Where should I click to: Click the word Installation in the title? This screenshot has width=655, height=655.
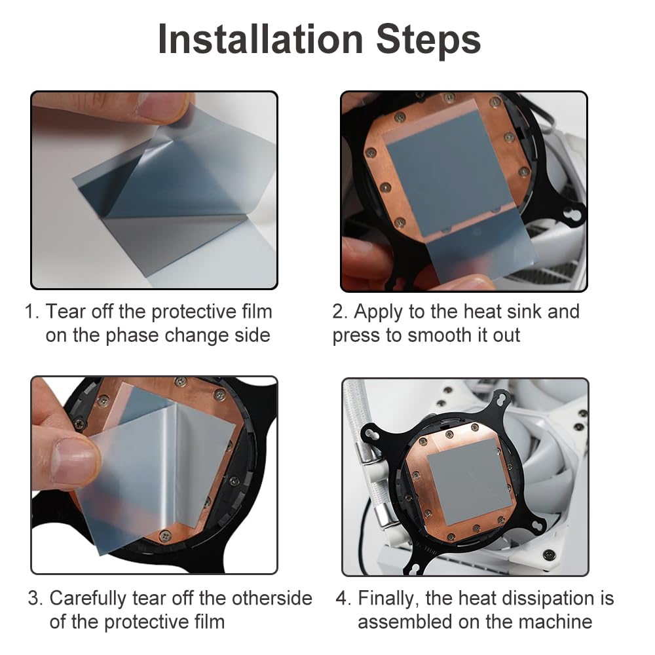coord(261,39)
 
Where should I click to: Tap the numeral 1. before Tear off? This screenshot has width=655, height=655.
coord(31,312)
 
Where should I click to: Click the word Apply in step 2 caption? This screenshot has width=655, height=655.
coord(378,312)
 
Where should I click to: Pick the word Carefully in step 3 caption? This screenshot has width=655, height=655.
coord(87,599)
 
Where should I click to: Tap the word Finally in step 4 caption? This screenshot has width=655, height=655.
coord(388,599)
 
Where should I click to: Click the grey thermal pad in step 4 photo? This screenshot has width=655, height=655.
coord(469,483)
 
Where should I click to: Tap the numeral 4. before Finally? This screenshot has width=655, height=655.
coord(343,599)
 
